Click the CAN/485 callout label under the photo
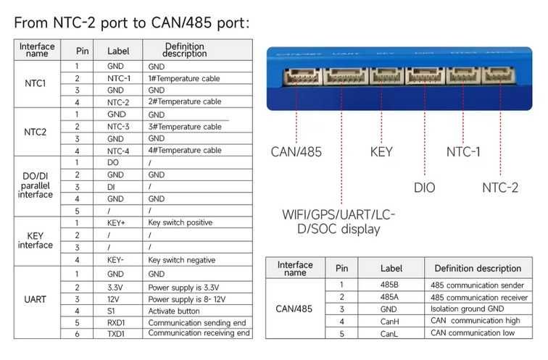point(295,151)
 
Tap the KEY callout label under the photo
point(381,151)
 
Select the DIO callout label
point(424,188)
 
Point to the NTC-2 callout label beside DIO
point(500,188)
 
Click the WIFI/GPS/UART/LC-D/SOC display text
point(340,222)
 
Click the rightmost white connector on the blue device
point(499,76)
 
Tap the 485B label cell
point(390,285)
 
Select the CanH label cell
point(390,321)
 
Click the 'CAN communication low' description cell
point(472,332)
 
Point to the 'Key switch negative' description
point(181,260)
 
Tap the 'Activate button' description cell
point(175,310)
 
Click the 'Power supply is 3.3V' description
point(183,287)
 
